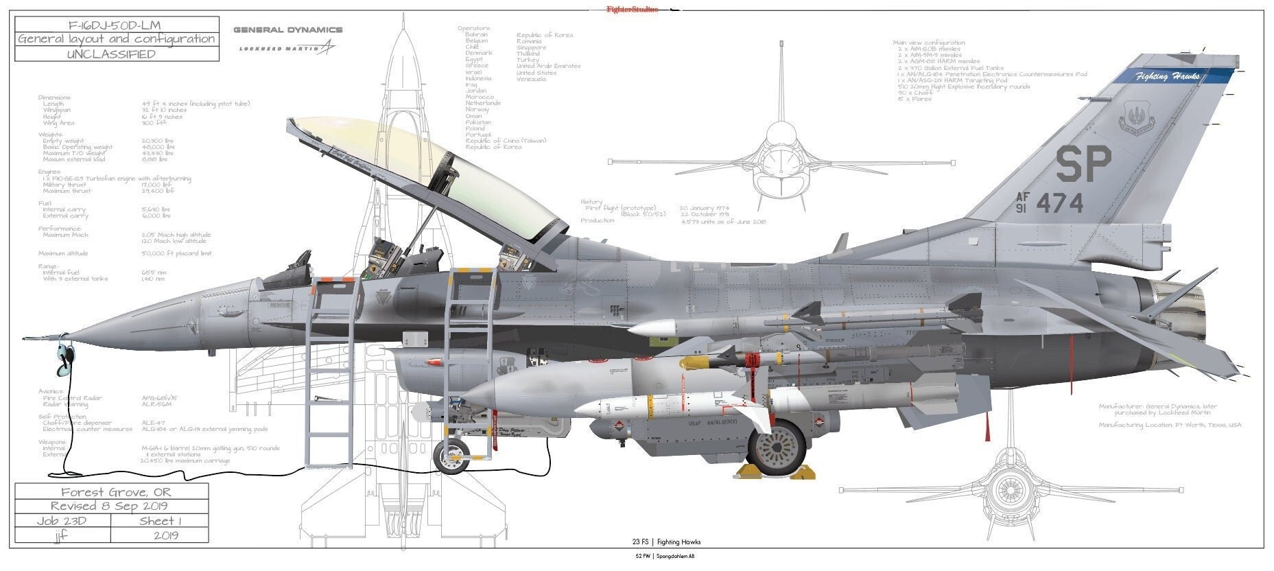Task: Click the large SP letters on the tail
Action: pyautogui.click(x=1083, y=165)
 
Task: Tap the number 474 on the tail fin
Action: pyautogui.click(x=1059, y=204)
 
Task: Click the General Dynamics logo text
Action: pyautogui.click(x=287, y=30)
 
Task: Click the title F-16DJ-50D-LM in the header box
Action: pyautogui.click(x=117, y=25)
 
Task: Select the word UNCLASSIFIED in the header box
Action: pyautogui.click(x=117, y=54)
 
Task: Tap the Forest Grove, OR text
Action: pyautogui.click(x=116, y=492)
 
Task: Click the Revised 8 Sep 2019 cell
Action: pyautogui.click(x=112, y=506)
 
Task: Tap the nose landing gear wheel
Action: pyautogui.click(x=451, y=456)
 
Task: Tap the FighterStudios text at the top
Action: pyautogui.click(x=631, y=10)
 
